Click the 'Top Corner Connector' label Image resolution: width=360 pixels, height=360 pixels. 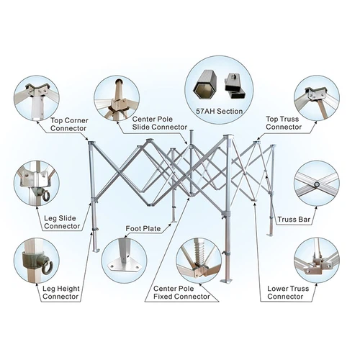point(69,125)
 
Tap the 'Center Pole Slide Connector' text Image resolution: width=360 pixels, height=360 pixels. point(160,123)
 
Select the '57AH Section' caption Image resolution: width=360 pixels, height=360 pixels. point(220,112)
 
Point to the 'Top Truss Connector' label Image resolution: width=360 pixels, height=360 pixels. point(284,123)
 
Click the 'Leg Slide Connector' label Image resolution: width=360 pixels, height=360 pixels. point(62,222)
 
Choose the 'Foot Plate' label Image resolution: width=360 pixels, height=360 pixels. point(143,228)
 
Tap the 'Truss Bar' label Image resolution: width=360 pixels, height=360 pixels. point(294,220)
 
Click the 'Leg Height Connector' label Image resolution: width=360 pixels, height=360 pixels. point(60,292)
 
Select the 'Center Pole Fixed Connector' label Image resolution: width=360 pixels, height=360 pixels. point(181,292)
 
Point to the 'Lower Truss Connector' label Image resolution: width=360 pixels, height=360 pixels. point(288,292)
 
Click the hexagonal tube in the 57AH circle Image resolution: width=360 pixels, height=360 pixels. point(204,84)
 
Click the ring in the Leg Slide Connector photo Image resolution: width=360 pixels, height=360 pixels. point(45,196)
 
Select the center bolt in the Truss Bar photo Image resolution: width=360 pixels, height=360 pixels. point(317,184)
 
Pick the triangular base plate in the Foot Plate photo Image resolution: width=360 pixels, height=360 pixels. point(124,265)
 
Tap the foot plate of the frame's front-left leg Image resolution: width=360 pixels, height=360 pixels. point(96,251)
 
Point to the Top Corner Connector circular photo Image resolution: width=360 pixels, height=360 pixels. point(37,98)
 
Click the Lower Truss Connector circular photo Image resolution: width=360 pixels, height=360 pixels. point(317,261)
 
